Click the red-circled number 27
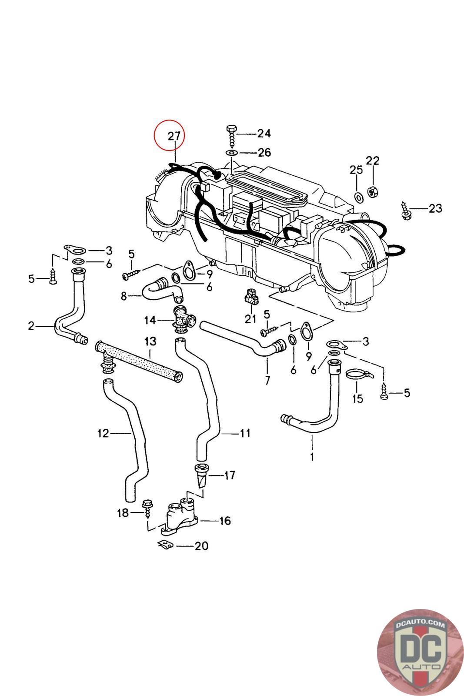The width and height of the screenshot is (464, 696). (x=174, y=136)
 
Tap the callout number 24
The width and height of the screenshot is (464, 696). (x=264, y=133)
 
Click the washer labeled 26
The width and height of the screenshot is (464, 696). (x=231, y=153)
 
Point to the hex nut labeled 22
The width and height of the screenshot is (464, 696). (x=372, y=191)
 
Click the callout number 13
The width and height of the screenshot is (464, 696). (x=150, y=341)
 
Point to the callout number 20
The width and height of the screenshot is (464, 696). (x=201, y=545)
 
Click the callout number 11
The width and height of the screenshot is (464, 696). (x=245, y=433)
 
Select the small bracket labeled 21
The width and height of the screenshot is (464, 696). (x=250, y=298)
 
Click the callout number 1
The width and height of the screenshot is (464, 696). (x=312, y=457)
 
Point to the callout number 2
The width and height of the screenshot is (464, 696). (x=31, y=325)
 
